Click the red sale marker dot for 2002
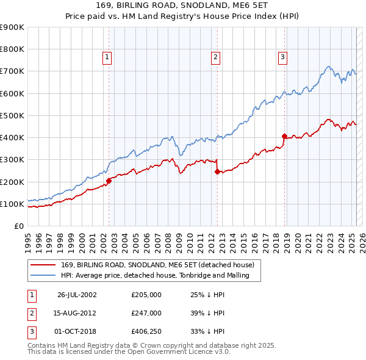click(109, 181)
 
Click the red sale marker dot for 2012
click(217, 171)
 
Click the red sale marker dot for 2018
click(284, 136)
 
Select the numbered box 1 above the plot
click(107, 57)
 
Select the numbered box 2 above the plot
click(216, 57)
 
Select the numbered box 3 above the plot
click(283, 57)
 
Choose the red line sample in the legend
click(43, 265)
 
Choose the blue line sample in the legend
click(43, 275)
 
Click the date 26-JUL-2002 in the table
click(77, 295)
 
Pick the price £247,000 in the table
click(146, 313)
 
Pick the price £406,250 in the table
click(146, 331)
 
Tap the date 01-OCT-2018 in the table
click(77, 331)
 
